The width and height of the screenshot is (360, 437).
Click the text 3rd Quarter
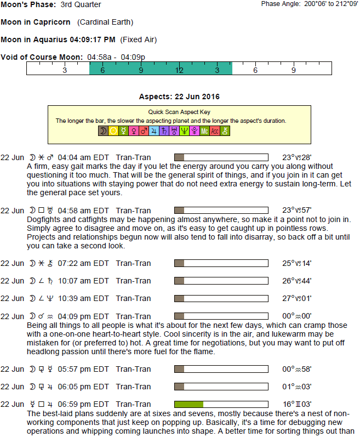coord(81,5)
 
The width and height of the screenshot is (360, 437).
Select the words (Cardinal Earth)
coord(105,22)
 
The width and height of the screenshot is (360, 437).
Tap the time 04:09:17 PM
coord(93,39)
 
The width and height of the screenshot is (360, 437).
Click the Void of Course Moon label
coord(42,57)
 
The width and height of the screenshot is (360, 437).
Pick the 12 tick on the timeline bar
coord(179,70)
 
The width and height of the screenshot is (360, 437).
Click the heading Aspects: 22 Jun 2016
coord(179,97)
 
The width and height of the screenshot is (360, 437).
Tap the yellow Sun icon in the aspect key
coord(113,131)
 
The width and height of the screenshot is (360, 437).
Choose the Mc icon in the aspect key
coord(204,131)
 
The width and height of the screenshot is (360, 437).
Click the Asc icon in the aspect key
coord(215,131)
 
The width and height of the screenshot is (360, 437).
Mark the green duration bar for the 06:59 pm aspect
coord(188,404)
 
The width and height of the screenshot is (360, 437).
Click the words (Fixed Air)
coord(139,39)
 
